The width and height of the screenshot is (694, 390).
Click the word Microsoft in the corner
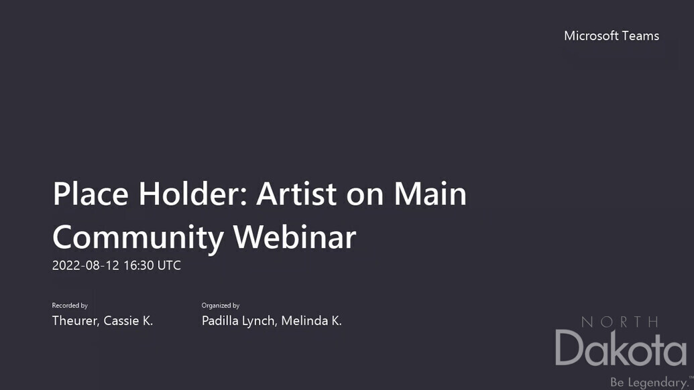[x=591, y=36]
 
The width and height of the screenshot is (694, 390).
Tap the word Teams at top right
[x=640, y=36]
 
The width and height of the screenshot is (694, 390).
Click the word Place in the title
[x=91, y=194]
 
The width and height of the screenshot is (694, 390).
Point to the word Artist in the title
[x=296, y=194]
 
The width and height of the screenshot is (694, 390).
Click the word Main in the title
[x=430, y=194]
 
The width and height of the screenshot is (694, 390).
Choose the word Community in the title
[x=138, y=238]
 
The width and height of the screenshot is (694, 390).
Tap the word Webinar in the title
[x=294, y=237]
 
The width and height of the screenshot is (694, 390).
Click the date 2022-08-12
[x=86, y=265]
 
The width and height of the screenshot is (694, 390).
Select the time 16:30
[x=139, y=265]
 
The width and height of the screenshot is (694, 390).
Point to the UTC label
[x=169, y=265]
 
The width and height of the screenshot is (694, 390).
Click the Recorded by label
[x=70, y=306]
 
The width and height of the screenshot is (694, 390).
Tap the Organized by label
[x=221, y=306]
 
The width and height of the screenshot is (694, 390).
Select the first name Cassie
[x=121, y=320]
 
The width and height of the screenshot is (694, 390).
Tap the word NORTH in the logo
[x=620, y=322]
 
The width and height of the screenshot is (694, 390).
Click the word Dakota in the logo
[x=621, y=348]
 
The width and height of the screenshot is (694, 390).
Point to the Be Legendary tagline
[x=649, y=382]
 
